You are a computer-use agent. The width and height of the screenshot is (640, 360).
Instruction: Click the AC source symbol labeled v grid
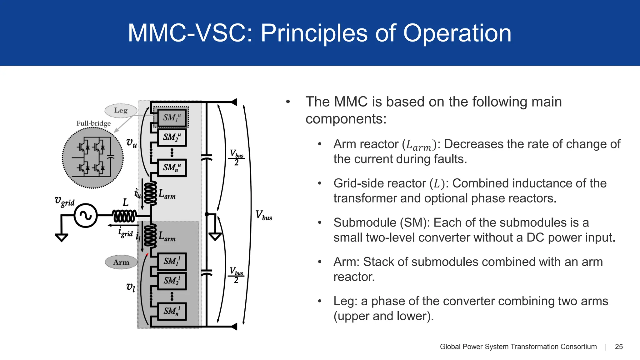(x=85, y=215)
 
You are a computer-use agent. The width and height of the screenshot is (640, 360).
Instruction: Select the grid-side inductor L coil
(x=124, y=216)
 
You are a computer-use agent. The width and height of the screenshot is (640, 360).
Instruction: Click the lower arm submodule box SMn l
(x=172, y=311)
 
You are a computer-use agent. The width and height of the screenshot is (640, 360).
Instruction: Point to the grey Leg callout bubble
(x=121, y=110)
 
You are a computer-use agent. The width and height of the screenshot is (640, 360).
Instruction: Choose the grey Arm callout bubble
(x=121, y=262)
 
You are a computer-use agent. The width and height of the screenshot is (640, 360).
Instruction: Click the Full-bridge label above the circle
(x=93, y=123)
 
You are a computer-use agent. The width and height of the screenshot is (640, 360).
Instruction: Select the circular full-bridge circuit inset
(x=93, y=158)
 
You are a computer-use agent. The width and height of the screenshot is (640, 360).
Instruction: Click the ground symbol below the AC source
(x=62, y=237)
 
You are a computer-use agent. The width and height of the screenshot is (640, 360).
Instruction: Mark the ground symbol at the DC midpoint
(x=215, y=236)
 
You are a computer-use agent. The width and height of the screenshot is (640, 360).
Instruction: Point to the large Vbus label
(x=263, y=215)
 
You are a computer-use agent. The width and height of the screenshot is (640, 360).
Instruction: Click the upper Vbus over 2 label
(x=237, y=158)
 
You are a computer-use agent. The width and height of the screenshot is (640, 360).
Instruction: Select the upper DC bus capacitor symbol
(x=206, y=157)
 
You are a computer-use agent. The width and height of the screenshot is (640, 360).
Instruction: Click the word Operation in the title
(x=457, y=33)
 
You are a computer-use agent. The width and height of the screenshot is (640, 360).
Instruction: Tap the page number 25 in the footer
(x=618, y=347)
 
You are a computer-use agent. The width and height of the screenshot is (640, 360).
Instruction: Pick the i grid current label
(x=125, y=232)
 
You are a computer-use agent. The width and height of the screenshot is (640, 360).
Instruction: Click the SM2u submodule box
(x=172, y=137)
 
